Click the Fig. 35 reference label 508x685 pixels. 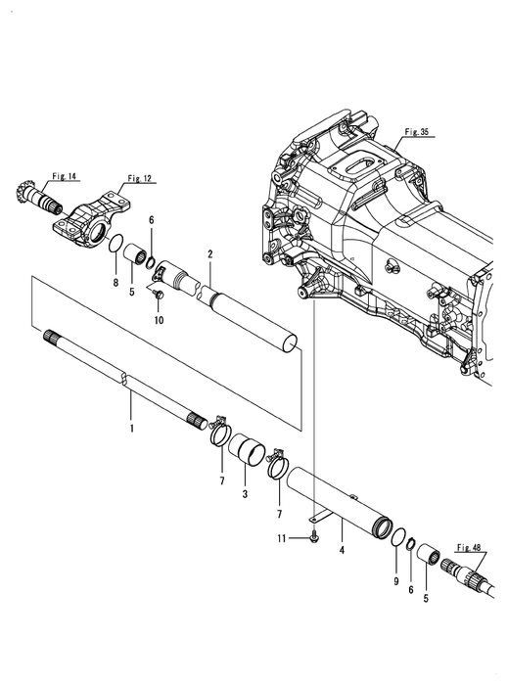pyautogui.click(x=416, y=131)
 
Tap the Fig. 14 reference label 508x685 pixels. pyautogui.click(x=64, y=176)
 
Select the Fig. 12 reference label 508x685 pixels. pyautogui.click(x=139, y=178)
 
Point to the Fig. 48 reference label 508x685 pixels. pyautogui.click(x=469, y=547)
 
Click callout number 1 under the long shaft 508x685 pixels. pyautogui.click(x=131, y=429)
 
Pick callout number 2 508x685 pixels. pyautogui.click(x=210, y=254)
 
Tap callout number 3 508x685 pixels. pyautogui.click(x=245, y=494)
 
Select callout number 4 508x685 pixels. pyautogui.click(x=342, y=550)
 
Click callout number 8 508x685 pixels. pyautogui.click(x=115, y=283)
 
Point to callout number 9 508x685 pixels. pyautogui.click(x=396, y=581)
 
